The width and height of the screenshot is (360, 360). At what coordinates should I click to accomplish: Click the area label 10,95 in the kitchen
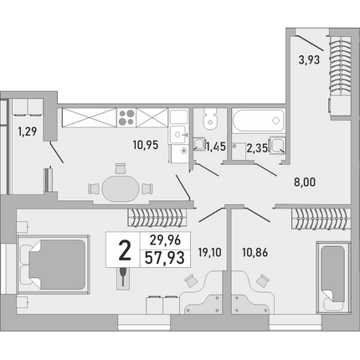(x=146, y=145)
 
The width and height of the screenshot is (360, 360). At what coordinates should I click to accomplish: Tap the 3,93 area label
(x=309, y=60)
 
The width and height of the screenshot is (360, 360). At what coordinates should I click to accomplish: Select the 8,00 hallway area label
(x=305, y=183)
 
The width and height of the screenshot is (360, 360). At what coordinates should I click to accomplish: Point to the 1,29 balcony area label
(x=27, y=131)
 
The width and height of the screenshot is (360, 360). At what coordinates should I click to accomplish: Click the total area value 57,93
(x=165, y=258)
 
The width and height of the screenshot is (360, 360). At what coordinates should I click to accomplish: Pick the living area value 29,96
(x=165, y=240)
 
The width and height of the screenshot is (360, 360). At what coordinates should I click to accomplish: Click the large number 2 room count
(x=125, y=250)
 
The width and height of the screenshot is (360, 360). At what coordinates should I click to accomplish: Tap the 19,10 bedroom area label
(x=209, y=253)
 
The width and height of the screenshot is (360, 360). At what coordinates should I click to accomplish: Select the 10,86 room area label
(x=255, y=253)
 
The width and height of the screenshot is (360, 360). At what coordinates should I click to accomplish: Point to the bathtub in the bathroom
(x=258, y=121)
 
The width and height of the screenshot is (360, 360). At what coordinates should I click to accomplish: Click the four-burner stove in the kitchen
(x=126, y=117)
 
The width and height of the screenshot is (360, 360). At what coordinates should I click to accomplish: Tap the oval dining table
(x=121, y=188)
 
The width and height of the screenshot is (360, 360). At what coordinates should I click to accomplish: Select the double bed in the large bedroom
(x=54, y=265)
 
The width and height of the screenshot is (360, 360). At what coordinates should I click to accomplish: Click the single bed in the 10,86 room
(x=332, y=276)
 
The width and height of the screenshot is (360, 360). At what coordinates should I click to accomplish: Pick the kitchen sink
(x=177, y=135)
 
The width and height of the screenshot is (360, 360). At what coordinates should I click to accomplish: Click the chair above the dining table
(x=121, y=168)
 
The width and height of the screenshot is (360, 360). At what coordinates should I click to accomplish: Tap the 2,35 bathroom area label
(x=257, y=148)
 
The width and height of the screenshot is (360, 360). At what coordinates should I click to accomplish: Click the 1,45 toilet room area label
(x=215, y=147)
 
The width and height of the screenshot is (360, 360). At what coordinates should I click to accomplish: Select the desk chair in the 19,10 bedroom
(x=192, y=280)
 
